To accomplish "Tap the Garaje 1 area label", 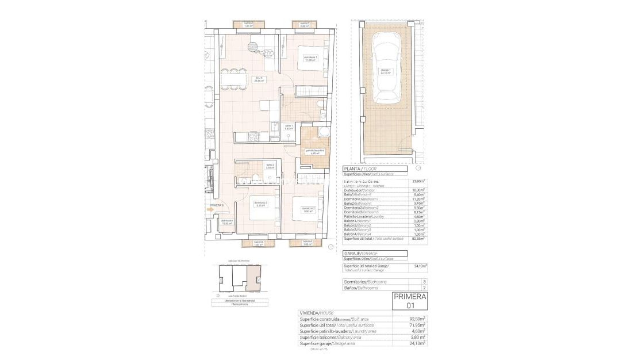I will tap(386, 72).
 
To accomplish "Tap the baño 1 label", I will tap(289, 127).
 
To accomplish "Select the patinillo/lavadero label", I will tap(314, 152).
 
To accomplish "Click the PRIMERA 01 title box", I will tap(410, 301).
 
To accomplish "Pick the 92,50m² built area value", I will tap(417, 319).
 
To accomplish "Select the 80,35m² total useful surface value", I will tap(418, 238).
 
